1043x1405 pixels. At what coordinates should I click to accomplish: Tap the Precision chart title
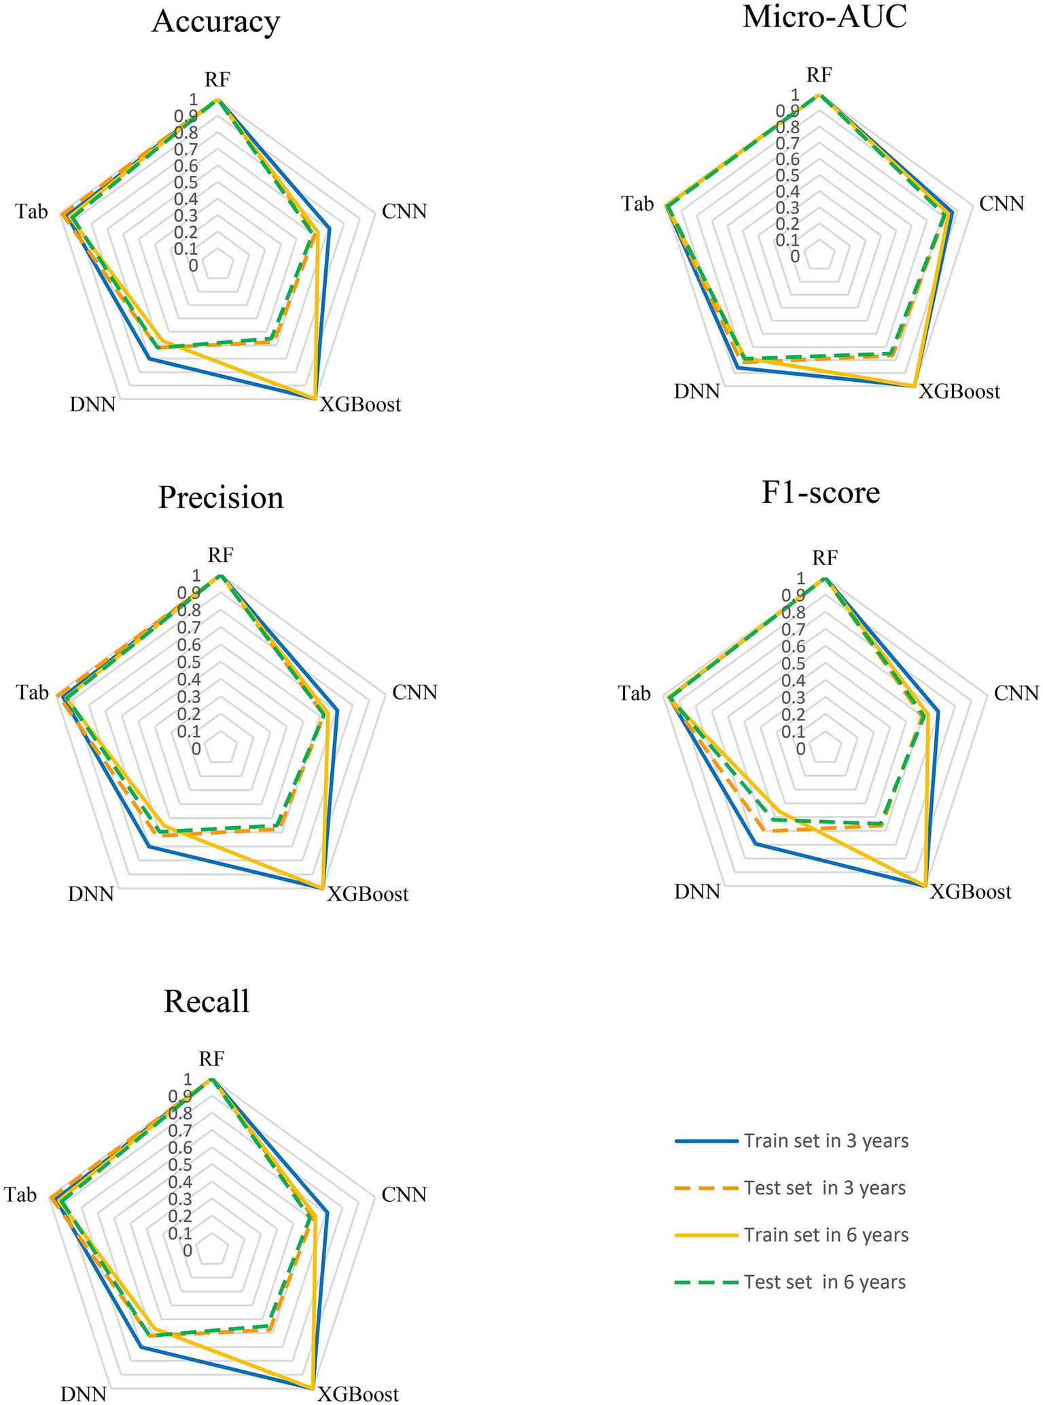pos(221,498)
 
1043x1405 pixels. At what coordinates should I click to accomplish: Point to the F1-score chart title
pos(821,493)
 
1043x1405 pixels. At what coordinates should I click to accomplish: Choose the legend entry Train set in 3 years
pos(826,1141)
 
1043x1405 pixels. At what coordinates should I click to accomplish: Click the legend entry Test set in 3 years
pos(824,1188)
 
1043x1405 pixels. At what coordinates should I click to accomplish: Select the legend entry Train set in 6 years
pos(826,1234)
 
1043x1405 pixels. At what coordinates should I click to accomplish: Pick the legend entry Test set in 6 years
pos(824,1282)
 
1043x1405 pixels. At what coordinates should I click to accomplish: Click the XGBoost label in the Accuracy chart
pos(361,406)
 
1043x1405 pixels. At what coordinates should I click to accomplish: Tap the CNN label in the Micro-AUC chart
pos(1002,203)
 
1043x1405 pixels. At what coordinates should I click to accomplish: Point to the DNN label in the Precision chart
pos(91,893)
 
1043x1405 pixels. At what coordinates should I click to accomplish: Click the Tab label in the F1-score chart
pos(634,694)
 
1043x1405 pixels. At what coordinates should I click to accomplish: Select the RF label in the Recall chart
pos(211,1059)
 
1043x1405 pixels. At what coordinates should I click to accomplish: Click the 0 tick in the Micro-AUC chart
pos(794,257)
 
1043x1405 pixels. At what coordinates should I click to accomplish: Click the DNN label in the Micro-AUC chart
pos(696,392)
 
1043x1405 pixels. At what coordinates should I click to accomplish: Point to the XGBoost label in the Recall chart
pos(358,1393)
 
